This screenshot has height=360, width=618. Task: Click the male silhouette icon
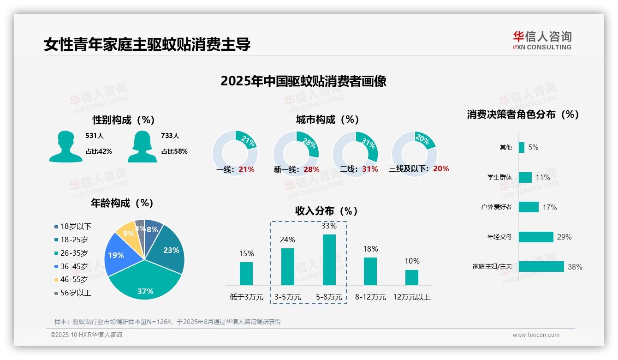(x=65, y=146)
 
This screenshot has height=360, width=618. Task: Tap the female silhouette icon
(x=142, y=146)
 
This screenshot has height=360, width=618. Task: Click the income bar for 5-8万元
(x=329, y=260)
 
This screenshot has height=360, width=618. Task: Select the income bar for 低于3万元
(x=246, y=274)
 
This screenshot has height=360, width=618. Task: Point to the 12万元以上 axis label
(x=411, y=297)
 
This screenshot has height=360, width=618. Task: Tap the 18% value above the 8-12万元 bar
(x=370, y=249)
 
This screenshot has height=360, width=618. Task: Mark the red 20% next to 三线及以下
(x=441, y=169)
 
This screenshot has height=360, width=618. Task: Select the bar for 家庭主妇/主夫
(x=541, y=267)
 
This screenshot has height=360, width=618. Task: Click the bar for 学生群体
(x=525, y=177)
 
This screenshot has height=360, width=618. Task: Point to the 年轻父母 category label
(x=499, y=237)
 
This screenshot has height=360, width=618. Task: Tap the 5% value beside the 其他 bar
(x=533, y=148)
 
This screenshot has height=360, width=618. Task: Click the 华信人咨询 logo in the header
(x=542, y=40)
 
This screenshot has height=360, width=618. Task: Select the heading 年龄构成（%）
(x=122, y=203)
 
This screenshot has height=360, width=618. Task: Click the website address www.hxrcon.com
(x=536, y=335)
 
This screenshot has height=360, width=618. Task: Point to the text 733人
(x=170, y=136)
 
